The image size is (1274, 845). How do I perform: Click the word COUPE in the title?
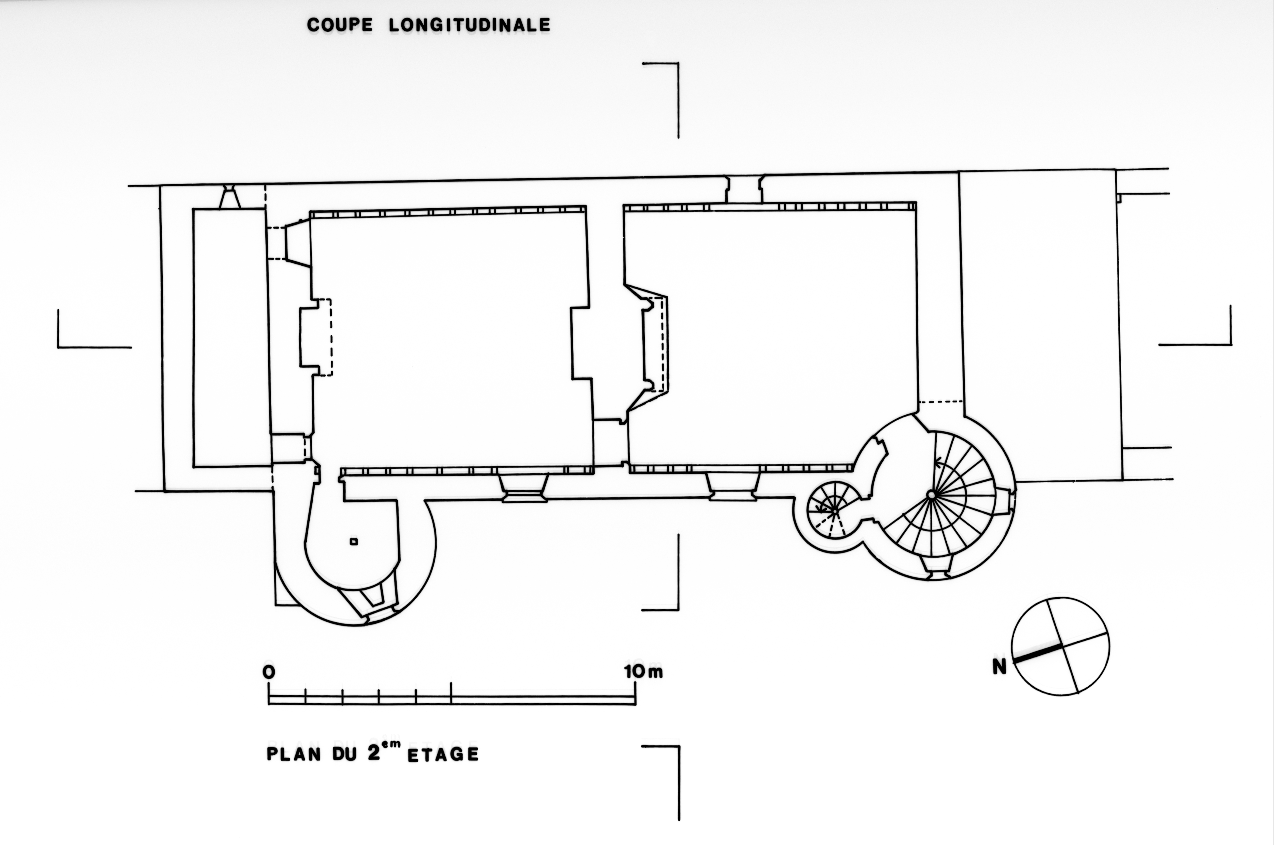click(x=340, y=25)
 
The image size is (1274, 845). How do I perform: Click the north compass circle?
click(x=1060, y=646)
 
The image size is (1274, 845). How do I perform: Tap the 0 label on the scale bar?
click(x=268, y=672)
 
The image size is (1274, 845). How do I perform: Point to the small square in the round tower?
click(x=354, y=542)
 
